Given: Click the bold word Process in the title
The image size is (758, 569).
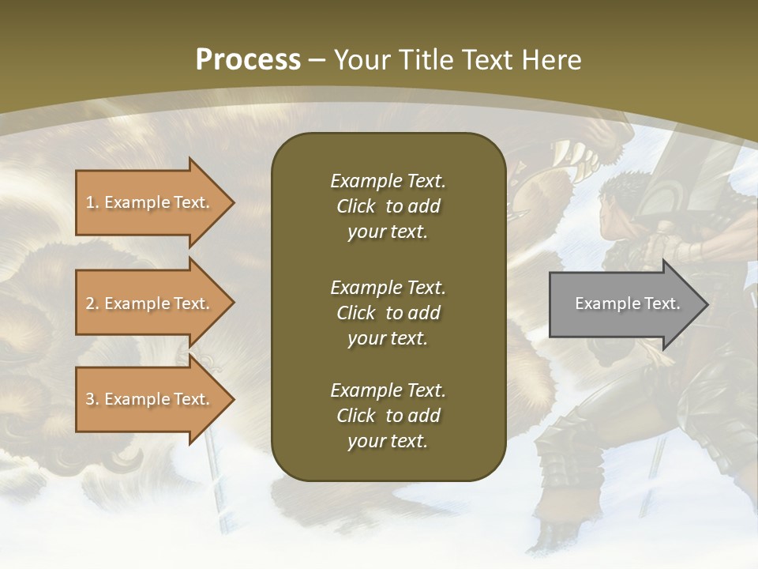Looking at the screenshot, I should point(248,60).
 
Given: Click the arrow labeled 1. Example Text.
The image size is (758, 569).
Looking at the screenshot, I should point(150,202).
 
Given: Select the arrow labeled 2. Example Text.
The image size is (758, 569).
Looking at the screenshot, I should point(150,303).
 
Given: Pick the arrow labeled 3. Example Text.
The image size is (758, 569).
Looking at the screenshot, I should point(150,399).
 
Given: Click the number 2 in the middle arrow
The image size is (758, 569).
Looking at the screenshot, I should point(90,303).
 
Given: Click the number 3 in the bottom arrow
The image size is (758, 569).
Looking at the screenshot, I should point(90,399).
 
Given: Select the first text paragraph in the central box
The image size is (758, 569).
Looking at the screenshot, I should point(388,206).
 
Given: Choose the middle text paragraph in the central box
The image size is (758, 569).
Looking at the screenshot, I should point(388,313).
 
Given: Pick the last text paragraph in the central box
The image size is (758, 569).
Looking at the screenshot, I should point(388,416).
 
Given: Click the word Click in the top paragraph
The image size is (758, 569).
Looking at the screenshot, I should point(355,206).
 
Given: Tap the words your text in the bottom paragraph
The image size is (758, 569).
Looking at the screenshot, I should point(388,441).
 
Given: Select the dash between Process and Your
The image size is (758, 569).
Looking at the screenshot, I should point(317,61).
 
